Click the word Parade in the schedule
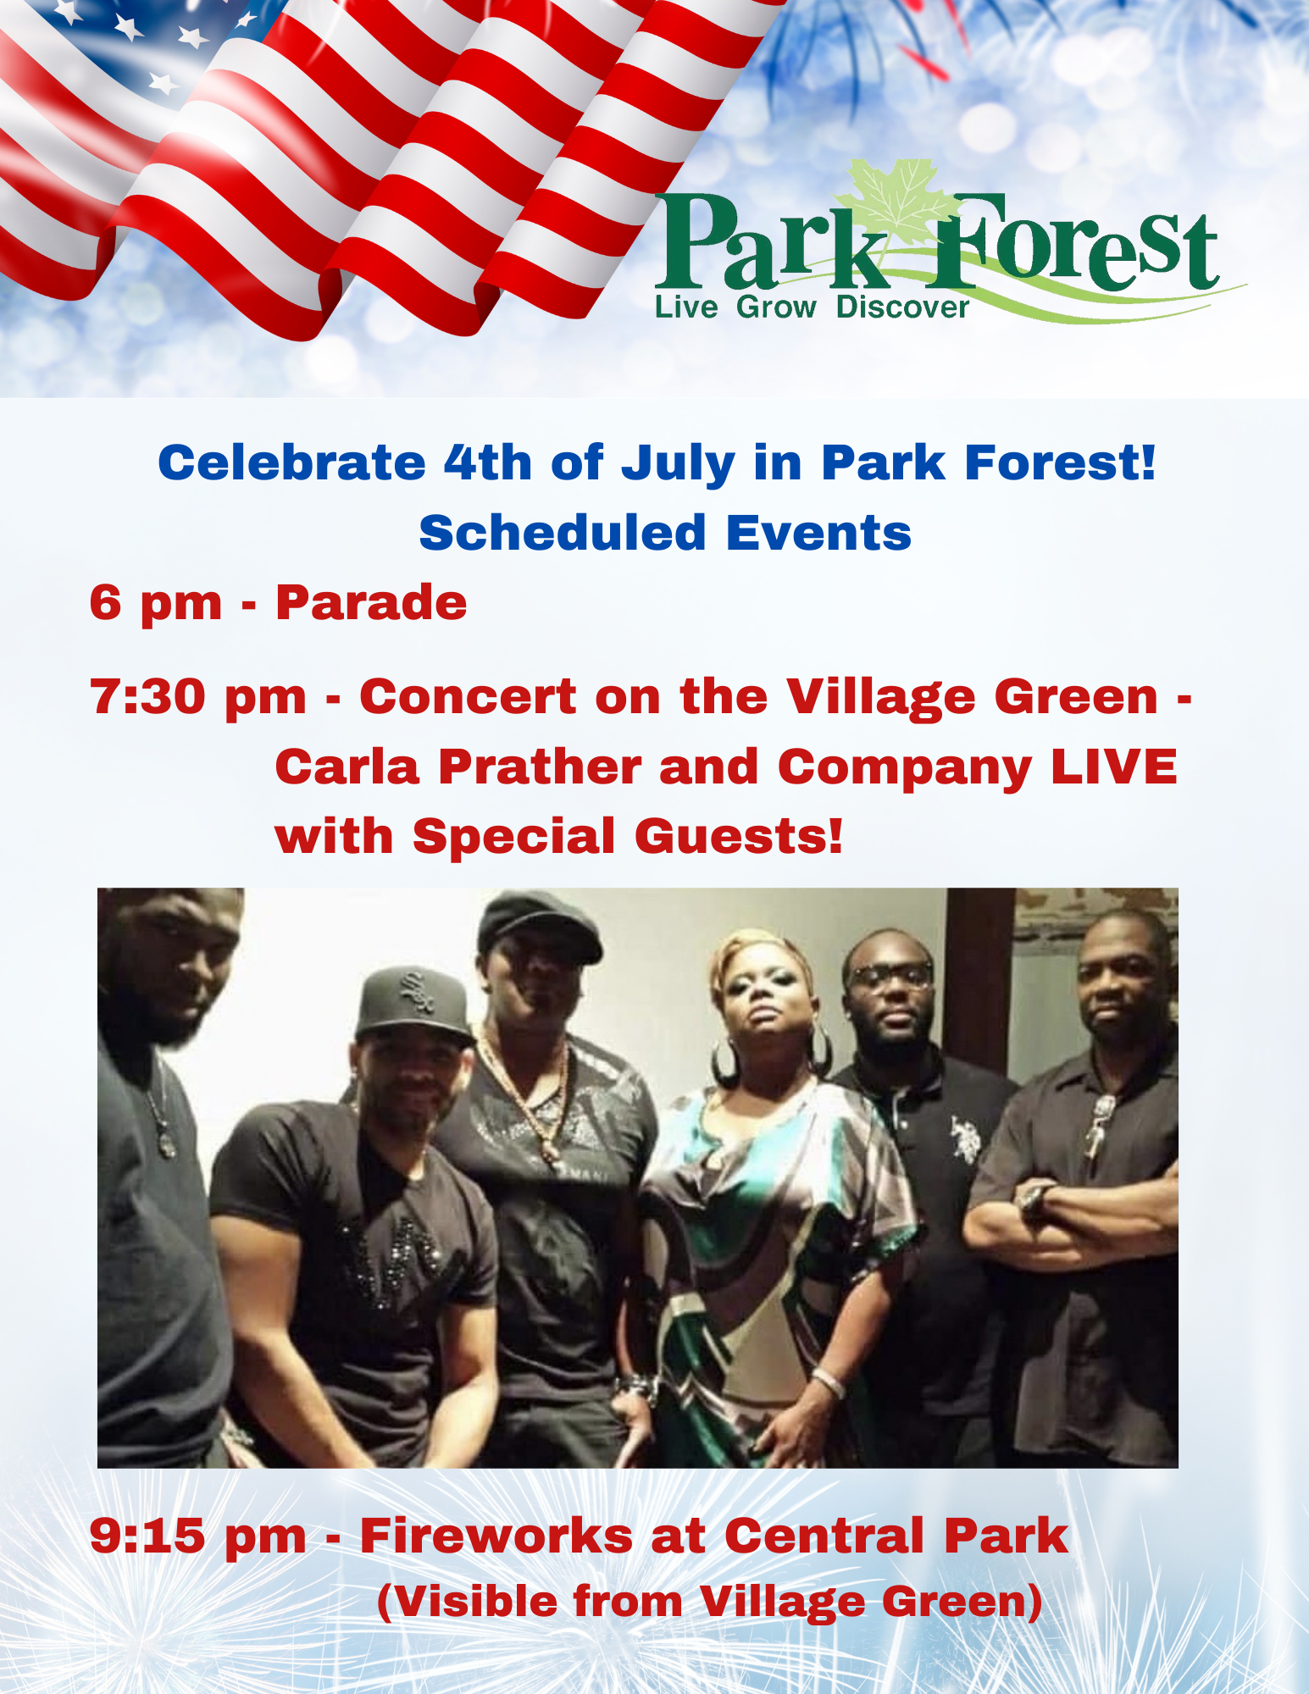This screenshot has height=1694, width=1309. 371,603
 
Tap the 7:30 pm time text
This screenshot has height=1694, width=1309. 197,697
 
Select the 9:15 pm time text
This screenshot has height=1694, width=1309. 197,1536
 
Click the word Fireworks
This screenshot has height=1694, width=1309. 496,1536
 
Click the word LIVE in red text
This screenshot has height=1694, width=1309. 1113,767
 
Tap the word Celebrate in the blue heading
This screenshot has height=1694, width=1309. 291,463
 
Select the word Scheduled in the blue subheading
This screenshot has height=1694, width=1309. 563,533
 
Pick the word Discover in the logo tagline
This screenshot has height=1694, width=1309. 901,307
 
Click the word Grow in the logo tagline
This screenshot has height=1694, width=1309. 776,307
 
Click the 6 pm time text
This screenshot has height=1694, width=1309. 155,603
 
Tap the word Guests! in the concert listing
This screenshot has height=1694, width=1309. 738,837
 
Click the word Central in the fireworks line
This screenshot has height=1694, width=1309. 824,1536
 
